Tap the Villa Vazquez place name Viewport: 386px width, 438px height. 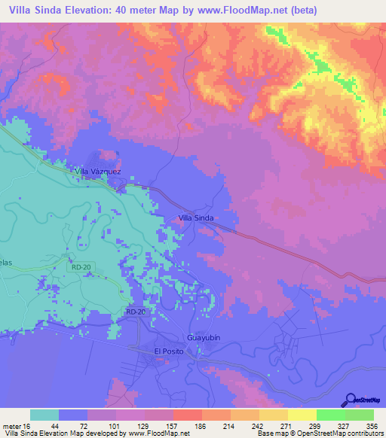[x=97, y=172]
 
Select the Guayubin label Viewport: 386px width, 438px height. [x=203, y=338]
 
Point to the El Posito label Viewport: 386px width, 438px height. [x=169, y=351]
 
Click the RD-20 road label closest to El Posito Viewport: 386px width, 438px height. [x=136, y=312]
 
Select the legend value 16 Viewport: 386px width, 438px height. [x=30, y=425]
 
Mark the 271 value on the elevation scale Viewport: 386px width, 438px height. [x=286, y=425]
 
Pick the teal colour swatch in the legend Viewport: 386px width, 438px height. [x=44, y=415]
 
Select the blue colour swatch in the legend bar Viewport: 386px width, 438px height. [x=73, y=415]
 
